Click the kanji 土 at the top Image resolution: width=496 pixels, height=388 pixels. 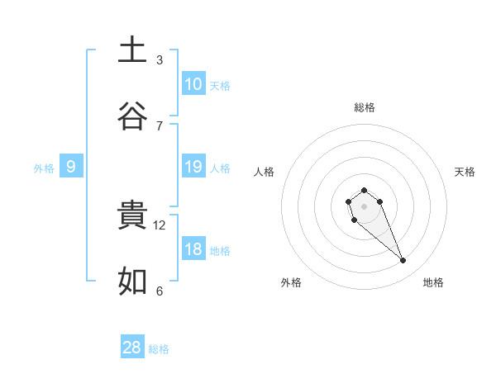point(132,50)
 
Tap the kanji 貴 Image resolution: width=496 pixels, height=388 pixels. point(132,216)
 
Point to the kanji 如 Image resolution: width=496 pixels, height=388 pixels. point(132,282)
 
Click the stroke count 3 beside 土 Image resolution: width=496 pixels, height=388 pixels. point(160,60)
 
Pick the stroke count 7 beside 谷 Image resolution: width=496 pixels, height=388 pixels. point(160,126)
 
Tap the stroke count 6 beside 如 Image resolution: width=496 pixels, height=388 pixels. point(160,291)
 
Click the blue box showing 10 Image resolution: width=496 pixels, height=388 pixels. point(193,84)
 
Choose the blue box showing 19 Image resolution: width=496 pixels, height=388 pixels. point(193,167)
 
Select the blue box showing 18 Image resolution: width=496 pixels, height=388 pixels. point(193,249)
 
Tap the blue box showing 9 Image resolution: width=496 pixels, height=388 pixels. point(71,167)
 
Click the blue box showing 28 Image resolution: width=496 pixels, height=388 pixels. point(132,348)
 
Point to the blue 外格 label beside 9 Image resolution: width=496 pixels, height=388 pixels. point(44,168)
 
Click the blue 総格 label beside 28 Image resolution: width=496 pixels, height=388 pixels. point(160,349)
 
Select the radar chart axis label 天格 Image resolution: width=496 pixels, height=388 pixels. point(465,172)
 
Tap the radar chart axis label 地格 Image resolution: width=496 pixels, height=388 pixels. point(433,282)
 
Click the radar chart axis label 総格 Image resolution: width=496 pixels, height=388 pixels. point(364,107)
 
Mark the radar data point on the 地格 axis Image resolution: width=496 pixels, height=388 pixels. point(403,261)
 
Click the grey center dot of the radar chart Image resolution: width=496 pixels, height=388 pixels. point(364,206)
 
